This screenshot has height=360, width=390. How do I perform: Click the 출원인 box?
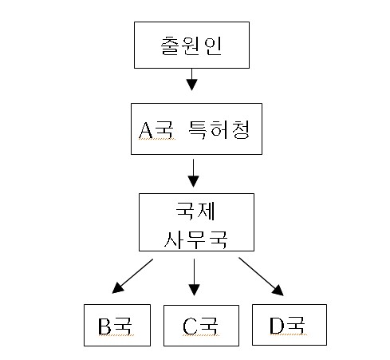191,45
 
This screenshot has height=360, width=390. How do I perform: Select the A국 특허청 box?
196,129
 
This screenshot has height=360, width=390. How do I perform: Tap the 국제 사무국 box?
196,222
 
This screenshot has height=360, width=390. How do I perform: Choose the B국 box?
117,325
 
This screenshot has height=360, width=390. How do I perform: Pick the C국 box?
201,326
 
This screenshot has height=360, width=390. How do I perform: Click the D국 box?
290,325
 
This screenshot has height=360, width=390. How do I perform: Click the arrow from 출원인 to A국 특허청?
191,80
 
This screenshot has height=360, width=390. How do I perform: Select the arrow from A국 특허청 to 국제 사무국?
193,173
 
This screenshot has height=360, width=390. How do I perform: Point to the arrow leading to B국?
132,276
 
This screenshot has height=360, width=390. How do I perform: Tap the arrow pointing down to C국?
194,277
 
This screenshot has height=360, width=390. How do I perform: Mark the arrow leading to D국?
262,276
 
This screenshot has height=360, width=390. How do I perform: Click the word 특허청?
219,129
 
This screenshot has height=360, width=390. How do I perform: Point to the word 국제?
195,211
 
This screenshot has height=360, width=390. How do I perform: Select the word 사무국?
195,239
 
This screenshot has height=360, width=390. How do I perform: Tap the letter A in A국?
146,130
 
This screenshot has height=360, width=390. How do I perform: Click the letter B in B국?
104,326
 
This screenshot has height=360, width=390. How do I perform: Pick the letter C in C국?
190,326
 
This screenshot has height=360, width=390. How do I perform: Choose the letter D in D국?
277,325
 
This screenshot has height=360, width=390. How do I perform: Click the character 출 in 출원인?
170,45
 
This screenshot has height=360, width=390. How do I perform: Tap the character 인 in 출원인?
213,45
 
